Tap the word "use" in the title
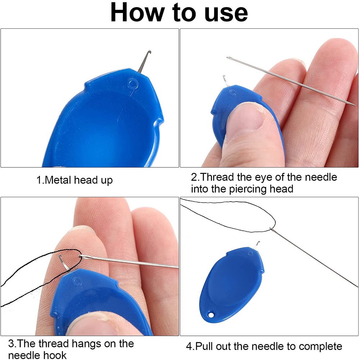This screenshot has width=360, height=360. pos(226,14)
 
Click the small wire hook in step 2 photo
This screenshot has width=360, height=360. pos(225,81)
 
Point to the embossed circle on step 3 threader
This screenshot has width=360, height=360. pos(77,281)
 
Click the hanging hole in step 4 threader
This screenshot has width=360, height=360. pos(211,314)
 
